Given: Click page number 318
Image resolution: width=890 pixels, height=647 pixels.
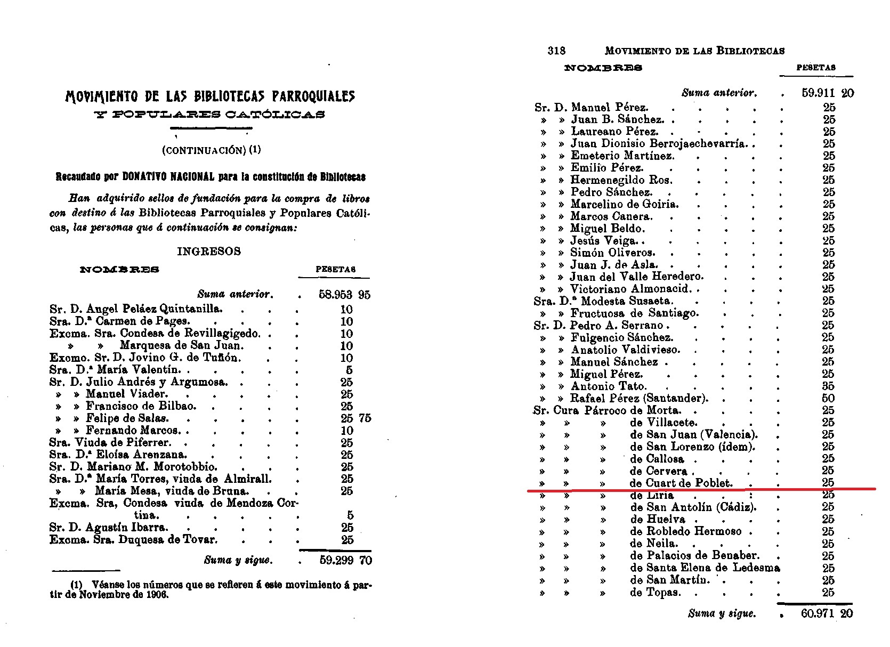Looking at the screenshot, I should pos(556,51).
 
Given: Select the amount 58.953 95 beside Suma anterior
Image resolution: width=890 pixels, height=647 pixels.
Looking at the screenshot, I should pos(344,295).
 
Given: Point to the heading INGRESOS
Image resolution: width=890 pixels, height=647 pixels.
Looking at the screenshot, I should pos(209,252).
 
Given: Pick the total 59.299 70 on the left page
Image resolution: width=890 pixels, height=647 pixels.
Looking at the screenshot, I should pos(345,560).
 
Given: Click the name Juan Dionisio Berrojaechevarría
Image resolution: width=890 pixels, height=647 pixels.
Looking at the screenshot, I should pos(658,143).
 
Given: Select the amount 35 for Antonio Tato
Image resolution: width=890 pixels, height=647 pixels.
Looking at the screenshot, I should pos(828,386).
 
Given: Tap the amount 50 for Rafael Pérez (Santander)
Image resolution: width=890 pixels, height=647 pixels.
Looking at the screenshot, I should pos(828,398).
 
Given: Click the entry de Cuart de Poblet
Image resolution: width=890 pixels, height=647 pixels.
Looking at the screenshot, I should pos(681,483).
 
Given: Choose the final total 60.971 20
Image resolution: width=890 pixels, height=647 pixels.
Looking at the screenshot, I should pos(826,613).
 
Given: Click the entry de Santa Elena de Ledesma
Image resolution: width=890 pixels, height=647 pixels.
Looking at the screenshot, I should pos(705,568).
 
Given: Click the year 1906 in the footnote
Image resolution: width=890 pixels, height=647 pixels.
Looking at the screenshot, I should pos(157,595).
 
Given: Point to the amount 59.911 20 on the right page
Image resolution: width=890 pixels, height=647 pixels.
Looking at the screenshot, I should pos(827,93).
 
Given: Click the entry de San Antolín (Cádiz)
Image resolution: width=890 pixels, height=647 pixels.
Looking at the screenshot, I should pos(693,507).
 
